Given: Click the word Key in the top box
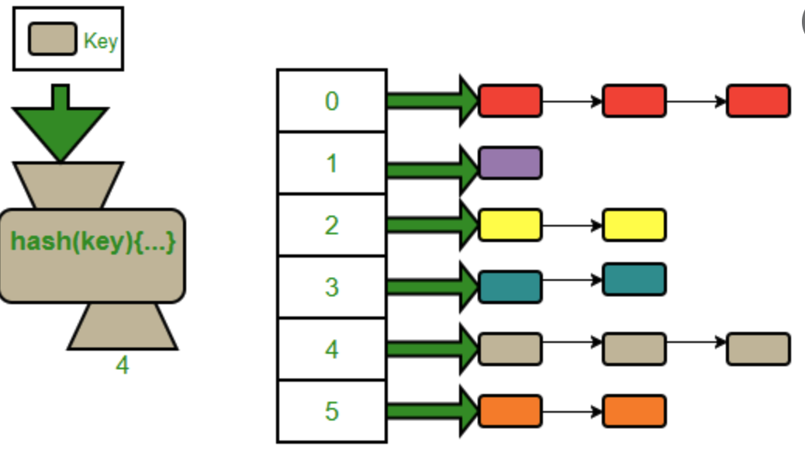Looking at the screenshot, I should pos(100,41).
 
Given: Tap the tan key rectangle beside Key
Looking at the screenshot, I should pos(53,39).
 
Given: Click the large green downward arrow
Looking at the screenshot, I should pos(60,124).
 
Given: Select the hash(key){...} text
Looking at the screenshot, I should pos(93,241).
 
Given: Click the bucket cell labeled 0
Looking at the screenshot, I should pos(332,101).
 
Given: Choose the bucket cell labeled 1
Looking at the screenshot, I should pos(332,163).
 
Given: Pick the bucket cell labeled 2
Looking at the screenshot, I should pos(332,225).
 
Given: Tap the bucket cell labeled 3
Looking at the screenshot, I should pos(332,287).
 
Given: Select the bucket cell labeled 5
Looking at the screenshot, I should pos(332,411).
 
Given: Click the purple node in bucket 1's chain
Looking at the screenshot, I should pos(510,163).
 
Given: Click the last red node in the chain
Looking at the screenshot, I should pos(758,101).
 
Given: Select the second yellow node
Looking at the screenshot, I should pos(634,225).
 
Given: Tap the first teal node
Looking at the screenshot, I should pos(510,287).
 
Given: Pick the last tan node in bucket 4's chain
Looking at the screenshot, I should pos(758,349).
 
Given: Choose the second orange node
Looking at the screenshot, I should pos(634,411).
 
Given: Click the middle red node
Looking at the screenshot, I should pos(634,101).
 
